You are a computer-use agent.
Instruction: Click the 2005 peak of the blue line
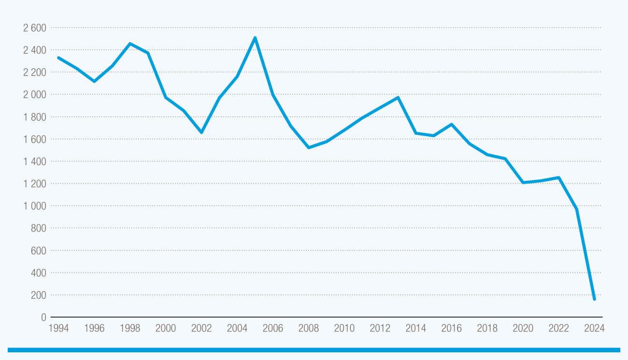tap(255, 38)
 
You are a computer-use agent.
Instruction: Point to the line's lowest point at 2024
tap(594, 299)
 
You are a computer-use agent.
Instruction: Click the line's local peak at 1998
tap(130, 43)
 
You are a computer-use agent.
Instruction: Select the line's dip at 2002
tap(201, 132)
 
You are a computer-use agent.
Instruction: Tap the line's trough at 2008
tap(309, 147)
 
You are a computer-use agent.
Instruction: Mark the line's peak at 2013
tap(398, 98)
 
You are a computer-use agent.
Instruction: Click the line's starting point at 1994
tap(58, 58)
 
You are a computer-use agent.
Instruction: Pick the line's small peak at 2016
tap(451, 124)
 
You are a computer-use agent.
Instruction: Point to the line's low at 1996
tap(94, 81)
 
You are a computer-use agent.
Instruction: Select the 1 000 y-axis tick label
tap(34, 206)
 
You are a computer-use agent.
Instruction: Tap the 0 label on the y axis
tap(43, 317)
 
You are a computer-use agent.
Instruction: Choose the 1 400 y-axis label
tap(34, 161)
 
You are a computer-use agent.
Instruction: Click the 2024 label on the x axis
tap(594, 329)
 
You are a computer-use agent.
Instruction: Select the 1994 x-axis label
tap(58, 329)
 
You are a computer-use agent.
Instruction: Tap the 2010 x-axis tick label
tap(344, 329)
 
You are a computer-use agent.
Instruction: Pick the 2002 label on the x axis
tap(201, 329)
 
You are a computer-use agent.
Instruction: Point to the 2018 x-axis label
tap(487, 329)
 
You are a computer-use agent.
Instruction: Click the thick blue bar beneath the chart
tap(314, 350)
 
